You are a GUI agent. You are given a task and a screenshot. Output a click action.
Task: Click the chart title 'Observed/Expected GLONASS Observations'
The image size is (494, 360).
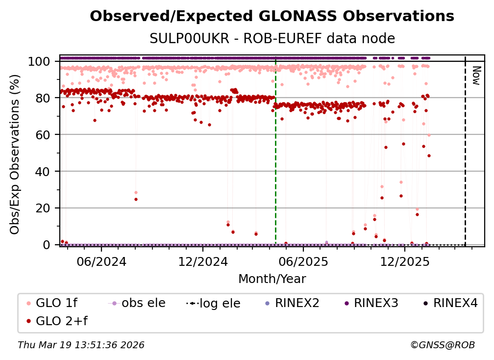click(272, 16)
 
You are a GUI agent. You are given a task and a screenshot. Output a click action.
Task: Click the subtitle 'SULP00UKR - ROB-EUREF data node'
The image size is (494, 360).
click(272, 39)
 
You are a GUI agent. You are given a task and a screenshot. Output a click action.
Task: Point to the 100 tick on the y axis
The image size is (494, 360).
click(40, 62)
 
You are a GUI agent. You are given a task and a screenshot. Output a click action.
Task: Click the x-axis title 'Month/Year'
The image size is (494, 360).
click(272, 279)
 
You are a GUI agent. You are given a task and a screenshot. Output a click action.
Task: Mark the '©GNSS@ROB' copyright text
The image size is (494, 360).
click(442, 345)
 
